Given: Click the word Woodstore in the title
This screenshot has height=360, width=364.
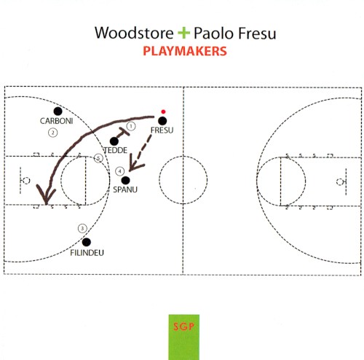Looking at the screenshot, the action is pos(134,33).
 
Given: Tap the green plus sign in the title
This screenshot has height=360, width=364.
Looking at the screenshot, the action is pos(183,33).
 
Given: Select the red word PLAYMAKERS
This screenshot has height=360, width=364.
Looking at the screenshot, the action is pos(185,51).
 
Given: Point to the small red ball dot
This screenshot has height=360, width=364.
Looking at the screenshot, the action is pos(163,111).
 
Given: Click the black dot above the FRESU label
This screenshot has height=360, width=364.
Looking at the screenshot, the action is pos(162,121).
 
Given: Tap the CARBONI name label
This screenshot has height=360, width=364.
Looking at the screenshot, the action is pos(56,121).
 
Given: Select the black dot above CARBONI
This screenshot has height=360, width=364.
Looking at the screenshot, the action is pos(58,111).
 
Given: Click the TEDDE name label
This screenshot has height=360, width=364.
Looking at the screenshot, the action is pos(116,150).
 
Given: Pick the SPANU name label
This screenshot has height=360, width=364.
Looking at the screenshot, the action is pos(125,189).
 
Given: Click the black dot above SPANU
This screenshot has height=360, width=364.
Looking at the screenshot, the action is pos(125,181).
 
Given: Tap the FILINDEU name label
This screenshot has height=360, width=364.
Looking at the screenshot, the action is pos(87,253).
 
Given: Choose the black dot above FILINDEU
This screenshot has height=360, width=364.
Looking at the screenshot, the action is pos(87,242).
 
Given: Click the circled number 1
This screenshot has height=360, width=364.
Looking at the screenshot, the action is pos(131,126).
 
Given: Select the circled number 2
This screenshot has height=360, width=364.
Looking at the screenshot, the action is pos(53,133).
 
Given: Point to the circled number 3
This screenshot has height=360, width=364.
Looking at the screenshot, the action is pos(82,228).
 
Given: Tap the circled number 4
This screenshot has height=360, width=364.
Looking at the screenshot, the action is pos(119,171).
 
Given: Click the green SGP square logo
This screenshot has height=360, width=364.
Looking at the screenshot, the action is pos(184,337).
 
